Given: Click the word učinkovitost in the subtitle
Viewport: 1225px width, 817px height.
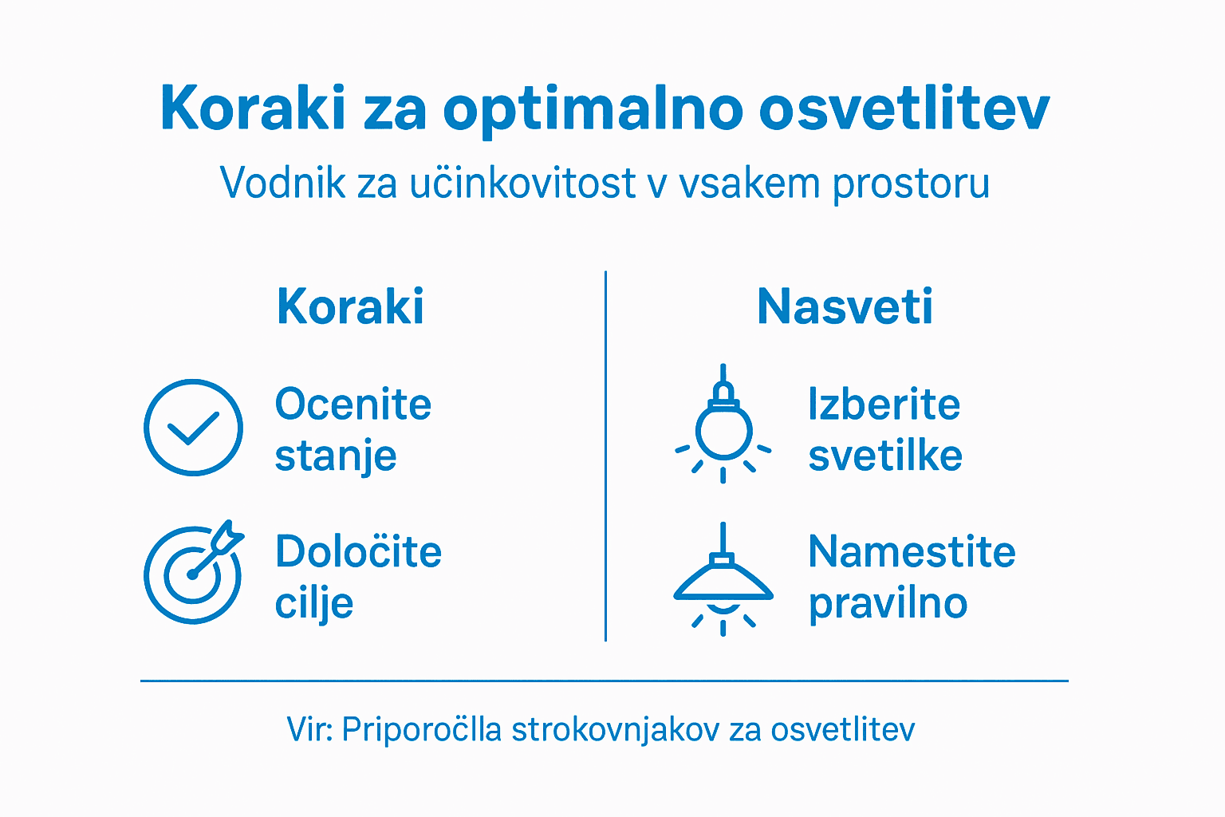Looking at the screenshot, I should pyautogui.click(x=523, y=183).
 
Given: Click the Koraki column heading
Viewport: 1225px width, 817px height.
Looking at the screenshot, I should pyautogui.click(x=350, y=306).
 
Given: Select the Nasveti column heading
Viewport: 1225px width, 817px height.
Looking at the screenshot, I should pyautogui.click(x=845, y=306).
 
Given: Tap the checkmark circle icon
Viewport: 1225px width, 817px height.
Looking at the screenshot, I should pyautogui.click(x=193, y=428).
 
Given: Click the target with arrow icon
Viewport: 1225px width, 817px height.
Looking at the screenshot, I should pyautogui.click(x=193, y=573).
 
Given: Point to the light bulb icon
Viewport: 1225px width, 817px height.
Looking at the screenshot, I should pyautogui.click(x=723, y=427).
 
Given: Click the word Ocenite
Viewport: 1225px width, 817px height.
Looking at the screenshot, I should pyautogui.click(x=353, y=405).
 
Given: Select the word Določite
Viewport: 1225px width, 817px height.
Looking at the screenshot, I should pyautogui.click(x=358, y=552).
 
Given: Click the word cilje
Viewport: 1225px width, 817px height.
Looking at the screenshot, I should pyautogui.click(x=314, y=604).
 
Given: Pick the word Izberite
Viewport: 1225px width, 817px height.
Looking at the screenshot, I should pyautogui.click(x=884, y=405).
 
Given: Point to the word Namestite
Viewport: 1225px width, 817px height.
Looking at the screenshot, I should pyautogui.click(x=912, y=552).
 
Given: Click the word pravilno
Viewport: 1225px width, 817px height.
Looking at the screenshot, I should pyautogui.click(x=888, y=604).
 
